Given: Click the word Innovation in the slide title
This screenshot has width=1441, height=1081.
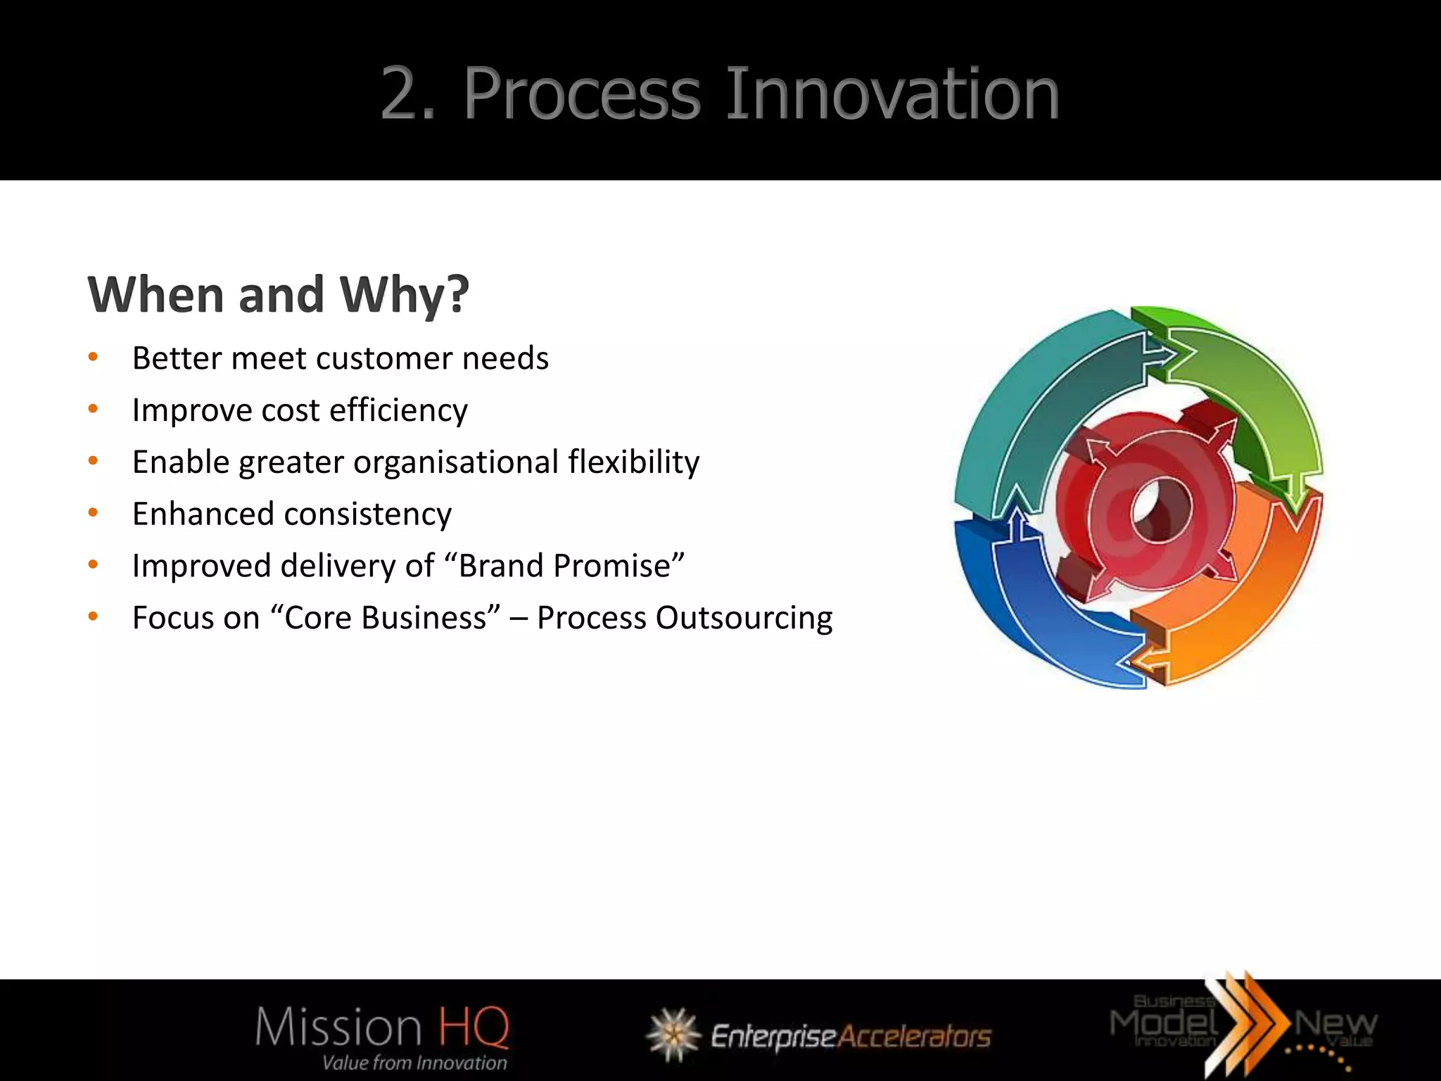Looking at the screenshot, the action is click(x=891, y=94).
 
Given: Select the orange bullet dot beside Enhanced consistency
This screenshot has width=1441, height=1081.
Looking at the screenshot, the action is click(x=93, y=513).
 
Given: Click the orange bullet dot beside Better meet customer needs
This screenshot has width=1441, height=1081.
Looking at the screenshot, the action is click(x=93, y=358).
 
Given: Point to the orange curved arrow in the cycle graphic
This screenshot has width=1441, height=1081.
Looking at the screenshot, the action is click(x=1252, y=605).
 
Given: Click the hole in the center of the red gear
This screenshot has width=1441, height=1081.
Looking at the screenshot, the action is click(x=1161, y=510).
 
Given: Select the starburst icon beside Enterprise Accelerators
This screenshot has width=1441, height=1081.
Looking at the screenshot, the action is click(x=673, y=1035).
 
